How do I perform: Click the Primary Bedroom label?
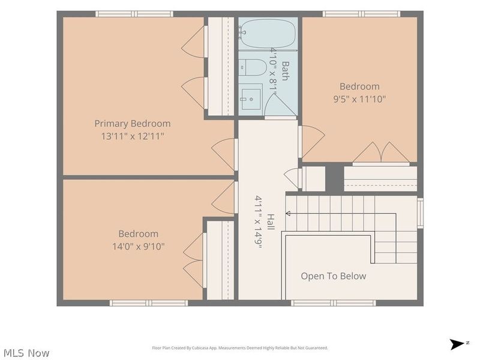pos(132,124)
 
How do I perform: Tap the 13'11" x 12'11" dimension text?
pos(133,136)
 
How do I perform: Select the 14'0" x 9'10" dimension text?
pos(139,247)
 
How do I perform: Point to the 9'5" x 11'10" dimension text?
pos(359,99)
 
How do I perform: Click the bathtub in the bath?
pos(268,33)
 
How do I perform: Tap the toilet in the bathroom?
pos(253,67)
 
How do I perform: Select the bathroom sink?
pos(251,99)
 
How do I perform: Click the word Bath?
pos(285,71)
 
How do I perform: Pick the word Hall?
pos(271,222)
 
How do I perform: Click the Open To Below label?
pos(334,276)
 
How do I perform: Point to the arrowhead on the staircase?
pos(288,214)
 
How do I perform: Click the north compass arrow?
pos(457,344)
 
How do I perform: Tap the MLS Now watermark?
pos(26,353)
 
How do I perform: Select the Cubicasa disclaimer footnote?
pos(240,348)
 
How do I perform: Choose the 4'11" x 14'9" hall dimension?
pos(259,221)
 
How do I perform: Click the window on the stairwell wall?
pos(421,213)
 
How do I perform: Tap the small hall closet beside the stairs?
pos(313,179)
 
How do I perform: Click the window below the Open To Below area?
pos(334,303)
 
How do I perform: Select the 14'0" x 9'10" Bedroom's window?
pos(149,303)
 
